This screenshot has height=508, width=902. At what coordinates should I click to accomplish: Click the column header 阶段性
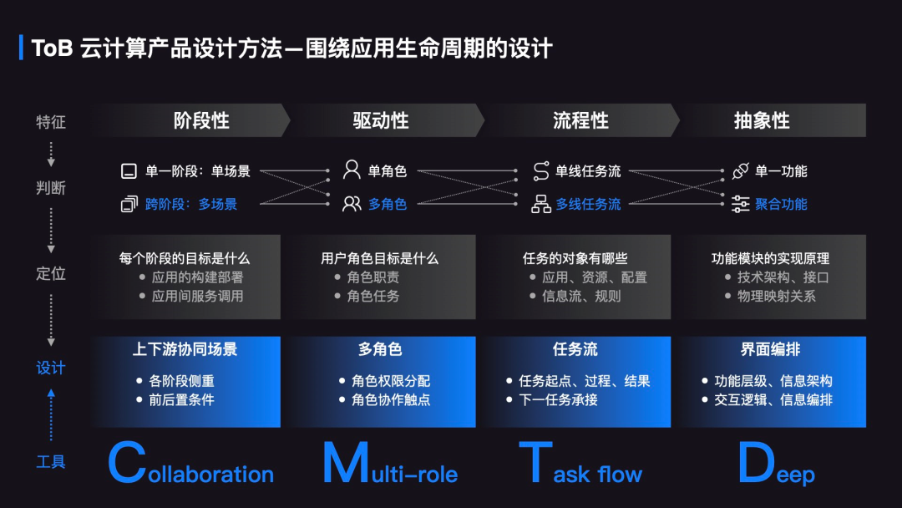201,120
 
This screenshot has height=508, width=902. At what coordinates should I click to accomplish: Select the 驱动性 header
381,120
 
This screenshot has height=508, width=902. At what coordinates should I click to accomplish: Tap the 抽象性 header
762,120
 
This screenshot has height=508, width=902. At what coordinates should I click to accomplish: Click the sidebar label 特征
51,122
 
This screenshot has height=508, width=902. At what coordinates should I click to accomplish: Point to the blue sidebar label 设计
51,368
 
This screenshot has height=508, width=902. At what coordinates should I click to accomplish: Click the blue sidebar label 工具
51,461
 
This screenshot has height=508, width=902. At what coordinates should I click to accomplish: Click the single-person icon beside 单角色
352,170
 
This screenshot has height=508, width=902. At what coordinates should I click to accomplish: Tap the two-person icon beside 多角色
352,204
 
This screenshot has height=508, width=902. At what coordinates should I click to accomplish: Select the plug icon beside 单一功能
740,170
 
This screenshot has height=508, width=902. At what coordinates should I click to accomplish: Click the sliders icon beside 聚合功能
740,204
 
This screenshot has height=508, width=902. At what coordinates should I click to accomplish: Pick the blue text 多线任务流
589,204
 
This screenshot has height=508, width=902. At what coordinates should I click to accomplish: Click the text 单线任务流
589,171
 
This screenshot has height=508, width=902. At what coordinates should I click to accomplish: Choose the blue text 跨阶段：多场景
191,204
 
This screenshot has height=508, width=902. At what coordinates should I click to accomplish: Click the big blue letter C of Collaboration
127,465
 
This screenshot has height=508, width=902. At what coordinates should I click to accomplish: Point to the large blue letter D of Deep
758,465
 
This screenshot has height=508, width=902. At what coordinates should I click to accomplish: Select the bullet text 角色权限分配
391,381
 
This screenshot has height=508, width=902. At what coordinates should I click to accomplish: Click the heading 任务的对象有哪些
575,258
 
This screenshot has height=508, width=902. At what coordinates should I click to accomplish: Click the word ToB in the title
52,48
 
